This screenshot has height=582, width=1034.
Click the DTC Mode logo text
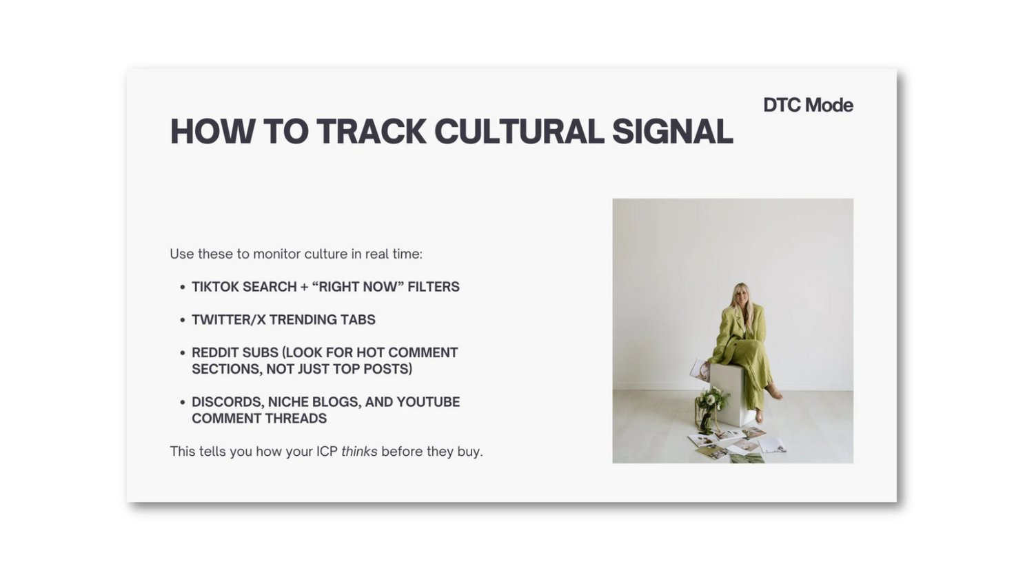[808, 105]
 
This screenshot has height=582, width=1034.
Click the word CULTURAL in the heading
[519, 132]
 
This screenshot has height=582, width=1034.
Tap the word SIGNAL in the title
[673, 132]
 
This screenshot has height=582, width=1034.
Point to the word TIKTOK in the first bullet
[216, 287]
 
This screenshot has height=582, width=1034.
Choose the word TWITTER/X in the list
[228, 320]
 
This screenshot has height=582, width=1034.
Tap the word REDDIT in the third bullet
[215, 352]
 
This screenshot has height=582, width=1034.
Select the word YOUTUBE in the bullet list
[428, 402]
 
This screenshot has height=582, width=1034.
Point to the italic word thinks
[359, 451]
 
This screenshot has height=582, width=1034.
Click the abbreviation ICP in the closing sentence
[327, 451]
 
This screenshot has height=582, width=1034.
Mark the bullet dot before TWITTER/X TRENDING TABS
[183, 320]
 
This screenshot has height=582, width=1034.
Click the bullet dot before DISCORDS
[183, 402]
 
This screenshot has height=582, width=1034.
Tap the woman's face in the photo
[741, 298]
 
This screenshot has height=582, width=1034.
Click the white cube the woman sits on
[728, 394]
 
